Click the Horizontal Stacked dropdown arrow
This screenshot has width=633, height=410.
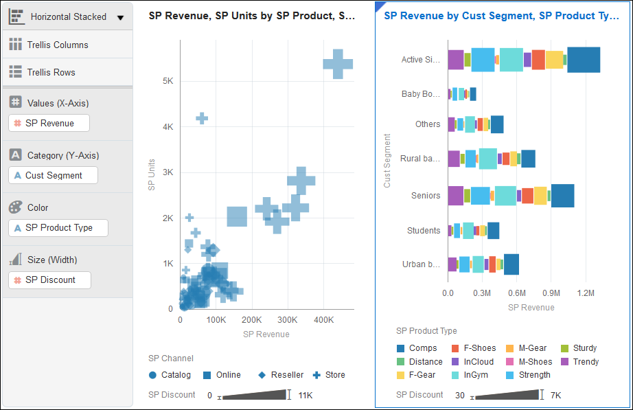tap(120, 17)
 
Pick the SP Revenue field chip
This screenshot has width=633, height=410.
tap(49, 123)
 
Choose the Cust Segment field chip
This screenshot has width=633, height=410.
tap(53, 175)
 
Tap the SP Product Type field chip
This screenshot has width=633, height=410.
tap(58, 227)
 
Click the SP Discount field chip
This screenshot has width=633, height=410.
tap(49, 280)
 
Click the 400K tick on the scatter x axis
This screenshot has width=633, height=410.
tap(323, 320)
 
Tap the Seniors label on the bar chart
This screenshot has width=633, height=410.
tap(425, 196)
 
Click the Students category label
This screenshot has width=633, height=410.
tap(423, 231)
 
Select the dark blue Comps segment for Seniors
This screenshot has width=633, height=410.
tap(562, 196)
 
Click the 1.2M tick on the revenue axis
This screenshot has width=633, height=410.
tap(586, 293)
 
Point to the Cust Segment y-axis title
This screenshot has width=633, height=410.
tap(387, 161)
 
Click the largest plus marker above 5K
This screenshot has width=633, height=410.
tap(338, 64)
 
